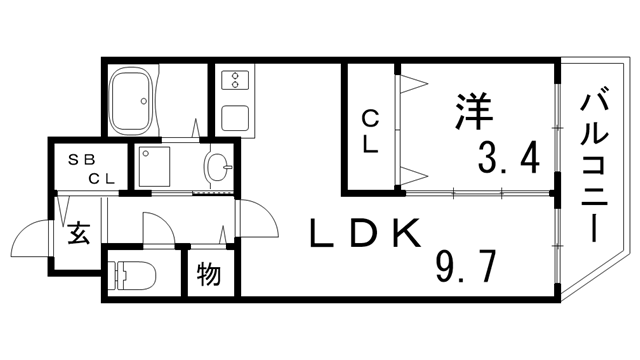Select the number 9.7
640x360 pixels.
467,267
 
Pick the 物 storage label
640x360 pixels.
208,272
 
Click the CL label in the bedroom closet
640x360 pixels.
370,131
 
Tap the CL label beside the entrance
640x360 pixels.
102,179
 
